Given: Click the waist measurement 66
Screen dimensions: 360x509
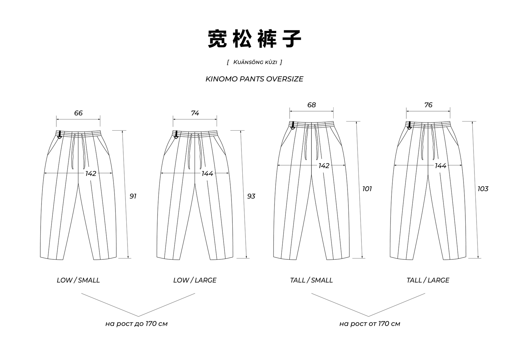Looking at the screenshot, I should pos(78,113).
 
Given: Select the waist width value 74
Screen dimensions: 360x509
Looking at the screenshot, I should pos(195,113).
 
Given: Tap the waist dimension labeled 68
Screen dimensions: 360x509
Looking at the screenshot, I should pos(311,105).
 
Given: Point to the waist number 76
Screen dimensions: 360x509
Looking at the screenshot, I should pos(428,105).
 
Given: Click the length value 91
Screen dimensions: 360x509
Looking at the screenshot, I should pos(133,196).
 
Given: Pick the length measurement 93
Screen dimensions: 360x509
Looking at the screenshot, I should pos(251,196).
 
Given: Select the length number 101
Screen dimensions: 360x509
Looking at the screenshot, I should pos(367,189).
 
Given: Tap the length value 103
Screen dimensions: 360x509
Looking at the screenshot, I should pos(483,189).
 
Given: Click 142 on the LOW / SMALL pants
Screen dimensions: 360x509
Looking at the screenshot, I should pos(91,173).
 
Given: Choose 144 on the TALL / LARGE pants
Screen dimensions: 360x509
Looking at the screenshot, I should pos(441,166).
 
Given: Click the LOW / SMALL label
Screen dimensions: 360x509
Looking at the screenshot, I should pos(78,280).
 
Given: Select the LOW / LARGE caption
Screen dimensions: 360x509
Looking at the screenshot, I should pos(195,280).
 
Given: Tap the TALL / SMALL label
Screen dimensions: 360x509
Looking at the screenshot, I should pos(311,280).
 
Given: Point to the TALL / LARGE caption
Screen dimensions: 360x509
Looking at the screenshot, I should pos(428,280).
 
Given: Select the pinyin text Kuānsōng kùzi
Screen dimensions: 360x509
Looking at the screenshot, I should pos(255,62).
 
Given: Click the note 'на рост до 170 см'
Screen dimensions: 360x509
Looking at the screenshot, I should pos(136,324).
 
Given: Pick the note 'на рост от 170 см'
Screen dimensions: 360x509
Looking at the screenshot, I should pos(370,324).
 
